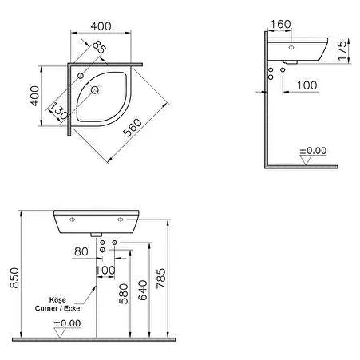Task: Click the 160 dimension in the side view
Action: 281,23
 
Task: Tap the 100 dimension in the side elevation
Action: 305,84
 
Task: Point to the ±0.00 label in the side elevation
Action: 313,150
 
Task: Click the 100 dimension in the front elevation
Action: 105,271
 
